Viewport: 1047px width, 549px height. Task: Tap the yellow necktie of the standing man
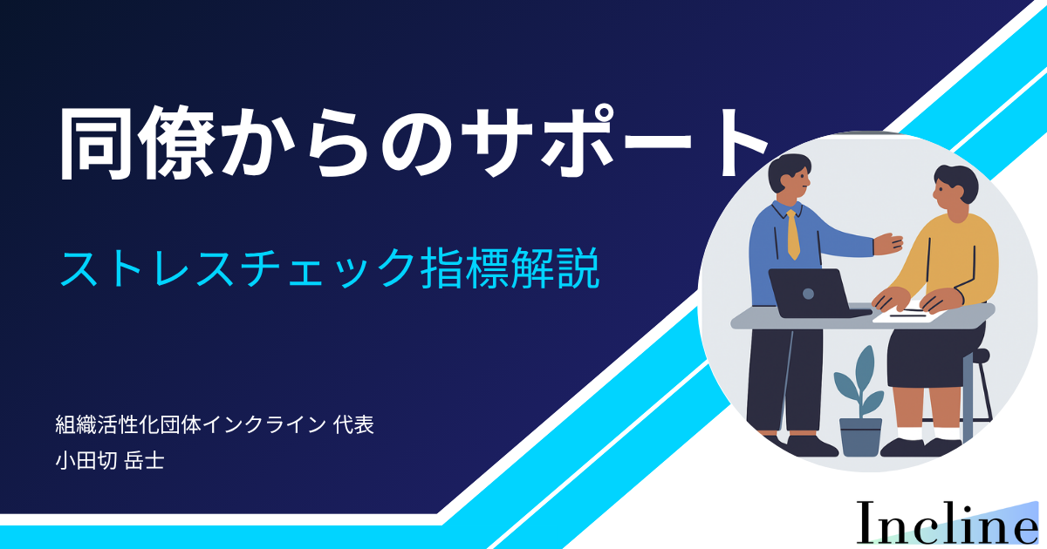[793, 234]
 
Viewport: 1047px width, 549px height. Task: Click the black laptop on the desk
[817, 293]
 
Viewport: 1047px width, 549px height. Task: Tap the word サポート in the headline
[613, 141]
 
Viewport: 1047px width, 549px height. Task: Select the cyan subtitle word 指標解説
[510, 268]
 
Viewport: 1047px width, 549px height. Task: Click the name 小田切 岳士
[110, 461]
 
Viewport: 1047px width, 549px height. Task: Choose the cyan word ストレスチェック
[237, 269]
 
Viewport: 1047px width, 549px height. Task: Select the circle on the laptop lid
[808, 294]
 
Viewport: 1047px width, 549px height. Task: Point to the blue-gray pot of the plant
[860, 437]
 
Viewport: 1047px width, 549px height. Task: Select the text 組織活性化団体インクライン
[191, 425]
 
